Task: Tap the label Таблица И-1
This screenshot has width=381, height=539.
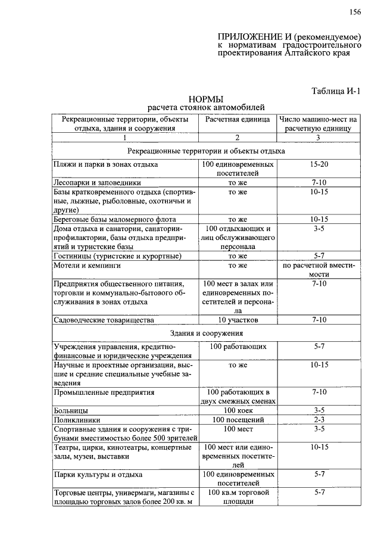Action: pos(336,91)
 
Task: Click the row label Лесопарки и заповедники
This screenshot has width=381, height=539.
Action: pos(97,183)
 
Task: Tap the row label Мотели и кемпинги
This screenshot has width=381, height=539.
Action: pos(87,265)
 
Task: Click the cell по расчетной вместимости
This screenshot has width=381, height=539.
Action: pos(318,270)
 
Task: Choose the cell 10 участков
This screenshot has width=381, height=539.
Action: pos(238,320)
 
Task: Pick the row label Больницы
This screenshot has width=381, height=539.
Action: pos(71,410)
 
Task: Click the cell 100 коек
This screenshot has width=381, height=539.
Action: pos(238,410)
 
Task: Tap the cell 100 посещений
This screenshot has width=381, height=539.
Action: pos(238,420)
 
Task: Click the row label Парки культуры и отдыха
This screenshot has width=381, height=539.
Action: pos(98,475)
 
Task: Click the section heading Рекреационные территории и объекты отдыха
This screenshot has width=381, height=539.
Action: pos(206,151)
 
